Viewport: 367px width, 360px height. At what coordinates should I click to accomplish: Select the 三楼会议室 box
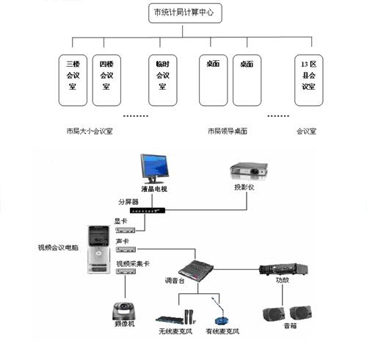[73, 79]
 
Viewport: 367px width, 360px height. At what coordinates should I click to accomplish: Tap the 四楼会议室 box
[106, 79]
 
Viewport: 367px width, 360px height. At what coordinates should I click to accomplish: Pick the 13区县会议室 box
[308, 79]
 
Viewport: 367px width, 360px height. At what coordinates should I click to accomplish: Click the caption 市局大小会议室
[88, 132]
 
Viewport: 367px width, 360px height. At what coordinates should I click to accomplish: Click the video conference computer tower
[98, 250]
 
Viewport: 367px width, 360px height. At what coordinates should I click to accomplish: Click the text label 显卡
[120, 221]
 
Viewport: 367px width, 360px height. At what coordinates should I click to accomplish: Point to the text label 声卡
[121, 241]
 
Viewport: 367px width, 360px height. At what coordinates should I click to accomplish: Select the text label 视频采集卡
[131, 263]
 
